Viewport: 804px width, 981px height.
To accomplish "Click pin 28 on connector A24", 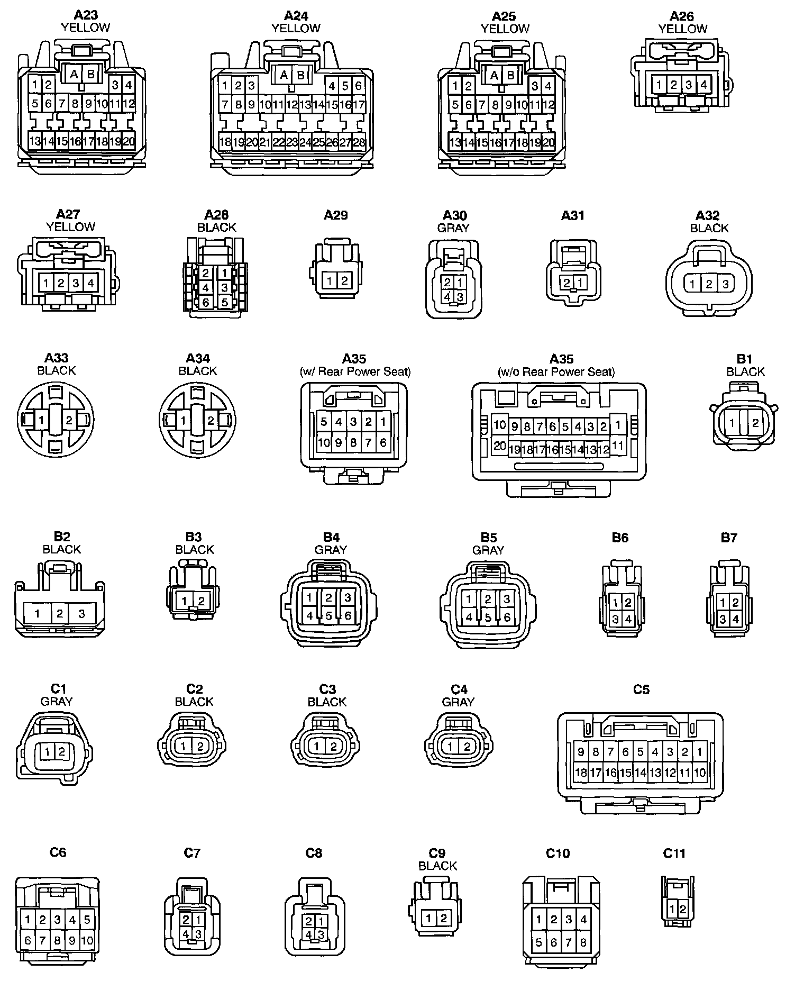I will pyautogui.click(x=359, y=142).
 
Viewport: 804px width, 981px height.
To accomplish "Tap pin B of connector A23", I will pyautogui.click(x=90, y=74).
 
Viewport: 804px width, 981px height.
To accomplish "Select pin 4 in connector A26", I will pyautogui.click(x=703, y=84).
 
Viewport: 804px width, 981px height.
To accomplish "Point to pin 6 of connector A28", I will pyautogui.click(x=206, y=303).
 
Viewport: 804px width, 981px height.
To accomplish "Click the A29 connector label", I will pyautogui.click(x=336, y=215).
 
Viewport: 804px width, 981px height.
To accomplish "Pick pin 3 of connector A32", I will pyautogui.click(x=725, y=284).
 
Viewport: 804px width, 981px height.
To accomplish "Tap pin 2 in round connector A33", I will pyautogui.click(x=69, y=421).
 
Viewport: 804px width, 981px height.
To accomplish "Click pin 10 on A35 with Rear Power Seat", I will pyautogui.click(x=324, y=442).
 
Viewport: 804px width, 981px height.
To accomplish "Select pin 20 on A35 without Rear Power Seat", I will pyautogui.click(x=499, y=446).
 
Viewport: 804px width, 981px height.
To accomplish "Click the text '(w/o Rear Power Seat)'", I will pyautogui.click(x=556, y=371).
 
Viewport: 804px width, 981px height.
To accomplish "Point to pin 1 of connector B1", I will pyautogui.click(x=732, y=423).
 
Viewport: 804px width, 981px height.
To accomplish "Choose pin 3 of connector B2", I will pyautogui.click(x=81, y=614).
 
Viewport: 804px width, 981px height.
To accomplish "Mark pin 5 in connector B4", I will pyautogui.click(x=328, y=615).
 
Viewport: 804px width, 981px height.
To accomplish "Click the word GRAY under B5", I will pyautogui.click(x=488, y=550).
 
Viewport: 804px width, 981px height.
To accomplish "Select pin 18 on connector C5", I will pyautogui.click(x=581, y=773).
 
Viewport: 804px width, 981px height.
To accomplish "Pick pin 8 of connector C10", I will pyautogui.click(x=583, y=942).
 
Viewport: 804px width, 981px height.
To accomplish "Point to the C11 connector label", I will pyautogui.click(x=674, y=853).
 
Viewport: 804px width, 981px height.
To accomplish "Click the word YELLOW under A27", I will pyautogui.click(x=70, y=227).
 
